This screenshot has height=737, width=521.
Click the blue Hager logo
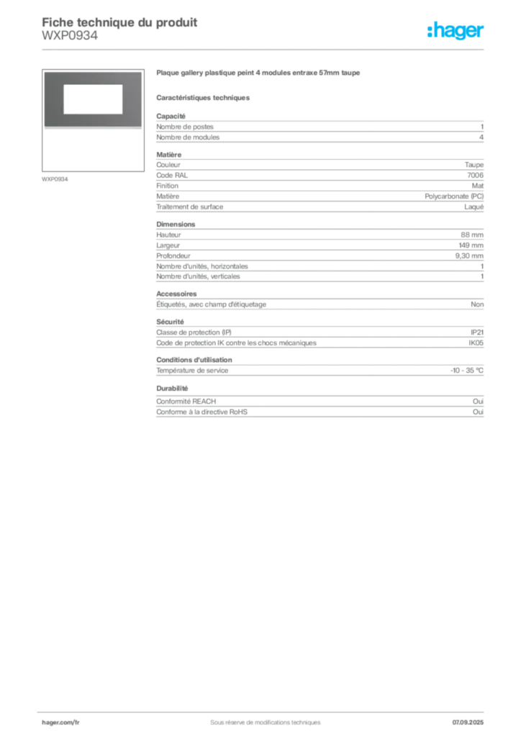[457, 31]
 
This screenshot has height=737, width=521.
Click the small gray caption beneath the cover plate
[55, 178]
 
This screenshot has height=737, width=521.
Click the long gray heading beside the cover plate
[258, 75]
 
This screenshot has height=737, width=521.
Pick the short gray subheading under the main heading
[204, 97]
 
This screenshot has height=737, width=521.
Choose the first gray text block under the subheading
[319, 129]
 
